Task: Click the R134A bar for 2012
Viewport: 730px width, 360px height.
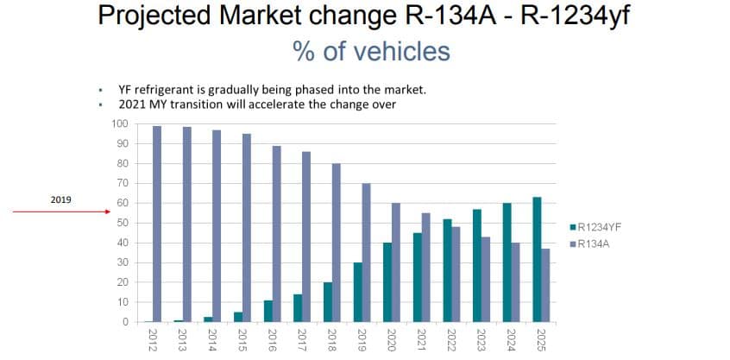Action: [x=157, y=224]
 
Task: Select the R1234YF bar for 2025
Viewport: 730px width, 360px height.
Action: [x=536, y=260]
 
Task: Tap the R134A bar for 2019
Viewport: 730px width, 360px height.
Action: [x=366, y=253]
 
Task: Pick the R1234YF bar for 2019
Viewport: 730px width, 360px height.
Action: [x=356, y=293]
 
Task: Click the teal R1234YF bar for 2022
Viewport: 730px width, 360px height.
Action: [x=446, y=271]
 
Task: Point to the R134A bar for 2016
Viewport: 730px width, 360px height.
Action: [x=276, y=234]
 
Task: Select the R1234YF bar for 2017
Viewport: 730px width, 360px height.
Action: [x=297, y=308]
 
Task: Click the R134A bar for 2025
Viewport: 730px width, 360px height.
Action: [x=545, y=286]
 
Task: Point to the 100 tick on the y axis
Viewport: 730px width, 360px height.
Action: [x=120, y=123]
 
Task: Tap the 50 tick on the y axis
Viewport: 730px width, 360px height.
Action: [x=123, y=223]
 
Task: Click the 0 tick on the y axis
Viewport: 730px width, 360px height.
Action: [x=125, y=322]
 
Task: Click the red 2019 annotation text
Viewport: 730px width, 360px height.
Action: [x=60, y=199]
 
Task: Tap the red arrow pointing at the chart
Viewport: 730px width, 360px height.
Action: [x=60, y=211]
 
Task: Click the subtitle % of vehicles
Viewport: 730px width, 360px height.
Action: [x=371, y=51]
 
